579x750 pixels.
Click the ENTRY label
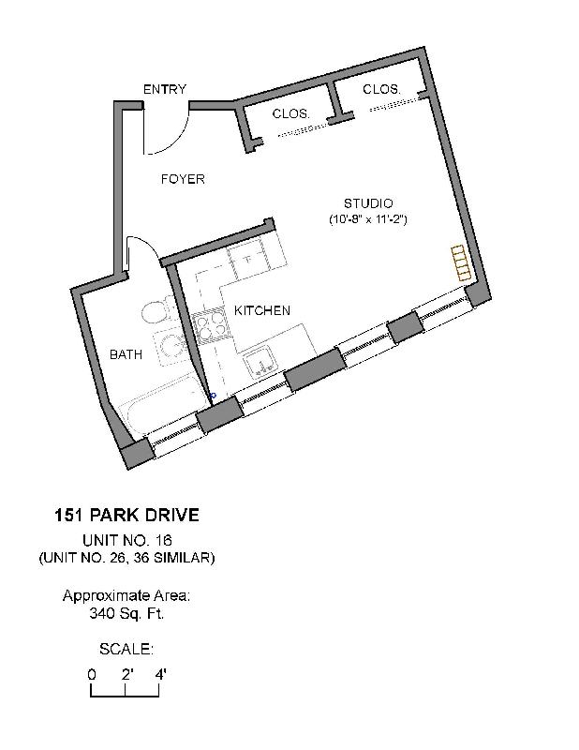pos(164,90)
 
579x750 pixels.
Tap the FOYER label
pos(182,179)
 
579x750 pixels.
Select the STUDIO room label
pos(367,203)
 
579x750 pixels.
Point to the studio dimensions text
pos(367,219)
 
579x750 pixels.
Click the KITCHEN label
pos(261,310)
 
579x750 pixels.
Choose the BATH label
pos(126,354)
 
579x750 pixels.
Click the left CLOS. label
pos(291,113)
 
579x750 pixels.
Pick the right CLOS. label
pos(381,89)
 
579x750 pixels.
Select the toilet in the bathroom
pos(154,312)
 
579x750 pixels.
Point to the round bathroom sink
pos(171,349)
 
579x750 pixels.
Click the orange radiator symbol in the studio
pos(459,262)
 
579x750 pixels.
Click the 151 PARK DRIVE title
pos(126,516)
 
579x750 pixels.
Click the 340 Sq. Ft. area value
pos(126,614)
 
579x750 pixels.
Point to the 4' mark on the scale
pos(159,674)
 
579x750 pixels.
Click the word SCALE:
pos(126,649)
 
